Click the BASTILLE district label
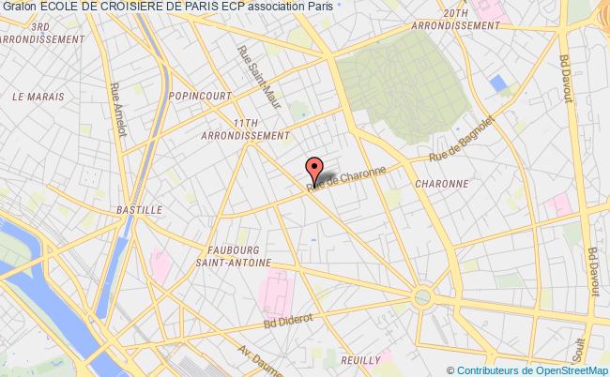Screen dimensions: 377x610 click(138, 210)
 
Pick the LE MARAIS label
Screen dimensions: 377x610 click(38, 96)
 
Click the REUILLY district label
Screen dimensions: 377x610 click(360, 359)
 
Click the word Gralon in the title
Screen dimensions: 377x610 click(19, 8)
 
